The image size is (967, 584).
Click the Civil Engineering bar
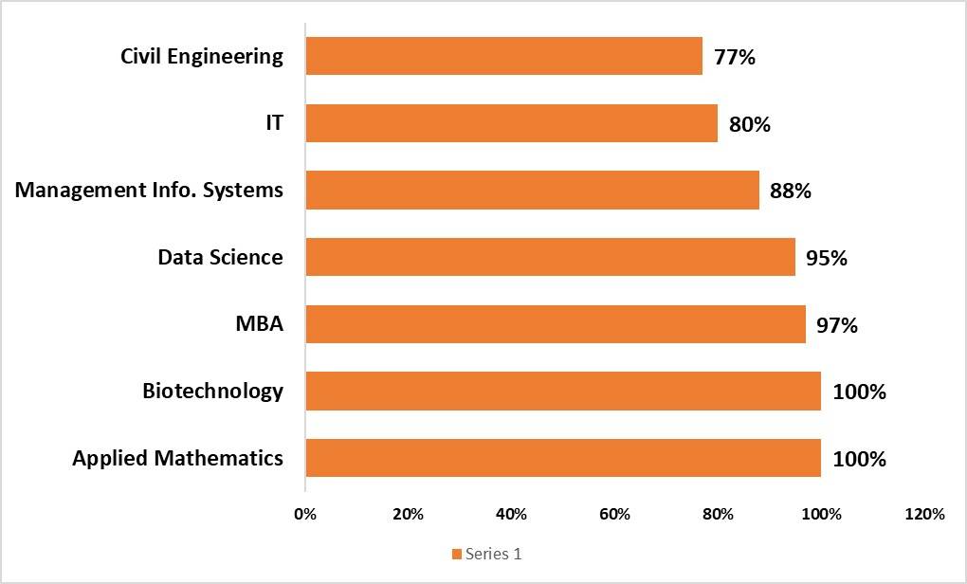coord(503,56)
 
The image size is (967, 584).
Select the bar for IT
coord(511,123)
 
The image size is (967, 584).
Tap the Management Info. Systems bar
coord(532,190)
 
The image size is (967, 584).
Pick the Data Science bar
coord(550,257)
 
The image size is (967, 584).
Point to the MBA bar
coord(555,324)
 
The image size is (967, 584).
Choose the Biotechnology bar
coord(563,391)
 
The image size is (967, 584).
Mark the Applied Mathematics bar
coord(563,458)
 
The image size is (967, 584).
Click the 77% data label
coord(735,57)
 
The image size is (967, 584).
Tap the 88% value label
coord(791,191)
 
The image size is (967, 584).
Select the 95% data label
coord(827,258)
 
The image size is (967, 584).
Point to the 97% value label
coord(837,325)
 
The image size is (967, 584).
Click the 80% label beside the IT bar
coord(750,124)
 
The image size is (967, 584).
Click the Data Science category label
coord(220,257)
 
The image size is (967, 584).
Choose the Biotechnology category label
coord(212,391)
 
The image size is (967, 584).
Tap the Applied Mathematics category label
coord(177,459)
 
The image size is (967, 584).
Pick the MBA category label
coord(259,324)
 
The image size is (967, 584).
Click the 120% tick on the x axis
coord(925,515)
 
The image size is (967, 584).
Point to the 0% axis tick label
coord(305,515)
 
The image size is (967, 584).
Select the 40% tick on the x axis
coord(511,515)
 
